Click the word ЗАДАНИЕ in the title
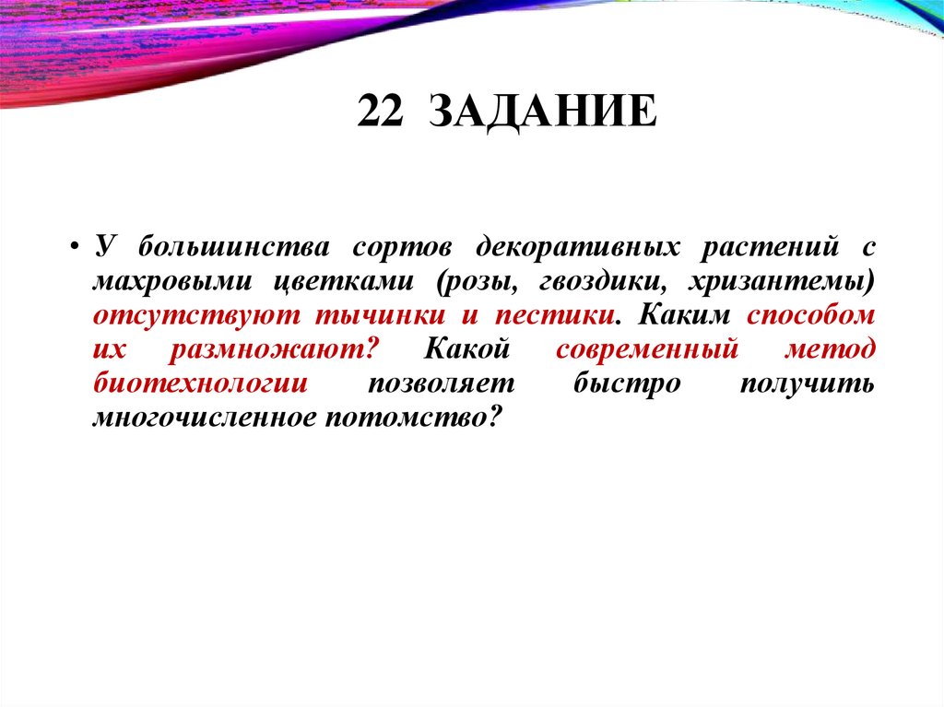[543, 113]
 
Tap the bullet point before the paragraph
[74, 250]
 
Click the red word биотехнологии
[200, 383]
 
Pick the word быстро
[626, 383]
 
